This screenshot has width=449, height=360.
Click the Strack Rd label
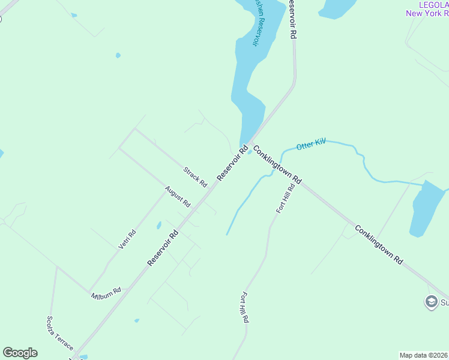tap(195, 176)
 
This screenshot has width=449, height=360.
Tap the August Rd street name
tap(178, 196)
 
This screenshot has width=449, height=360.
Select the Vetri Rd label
tap(128, 239)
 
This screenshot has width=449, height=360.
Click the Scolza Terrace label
tap(60, 333)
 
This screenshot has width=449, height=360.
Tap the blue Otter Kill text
tap(311, 144)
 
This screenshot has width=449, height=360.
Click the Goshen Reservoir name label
tap(257, 22)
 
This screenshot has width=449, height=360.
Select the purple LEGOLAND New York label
tap(427, 8)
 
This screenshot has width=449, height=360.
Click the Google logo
tap(20, 353)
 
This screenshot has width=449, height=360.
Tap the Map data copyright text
tap(423, 355)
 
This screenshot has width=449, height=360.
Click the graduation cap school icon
tap(430, 301)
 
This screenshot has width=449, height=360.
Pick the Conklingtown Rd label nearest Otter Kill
tap(277, 164)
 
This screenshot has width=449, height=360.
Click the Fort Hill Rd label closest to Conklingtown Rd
tap(285, 199)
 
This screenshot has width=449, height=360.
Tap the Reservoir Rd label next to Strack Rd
tap(232, 163)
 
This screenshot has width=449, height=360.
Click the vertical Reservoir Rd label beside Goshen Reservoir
tap(292, 20)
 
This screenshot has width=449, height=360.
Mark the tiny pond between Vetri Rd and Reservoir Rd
tap(158, 226)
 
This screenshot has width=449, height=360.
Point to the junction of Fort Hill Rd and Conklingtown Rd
tap(297, 181)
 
